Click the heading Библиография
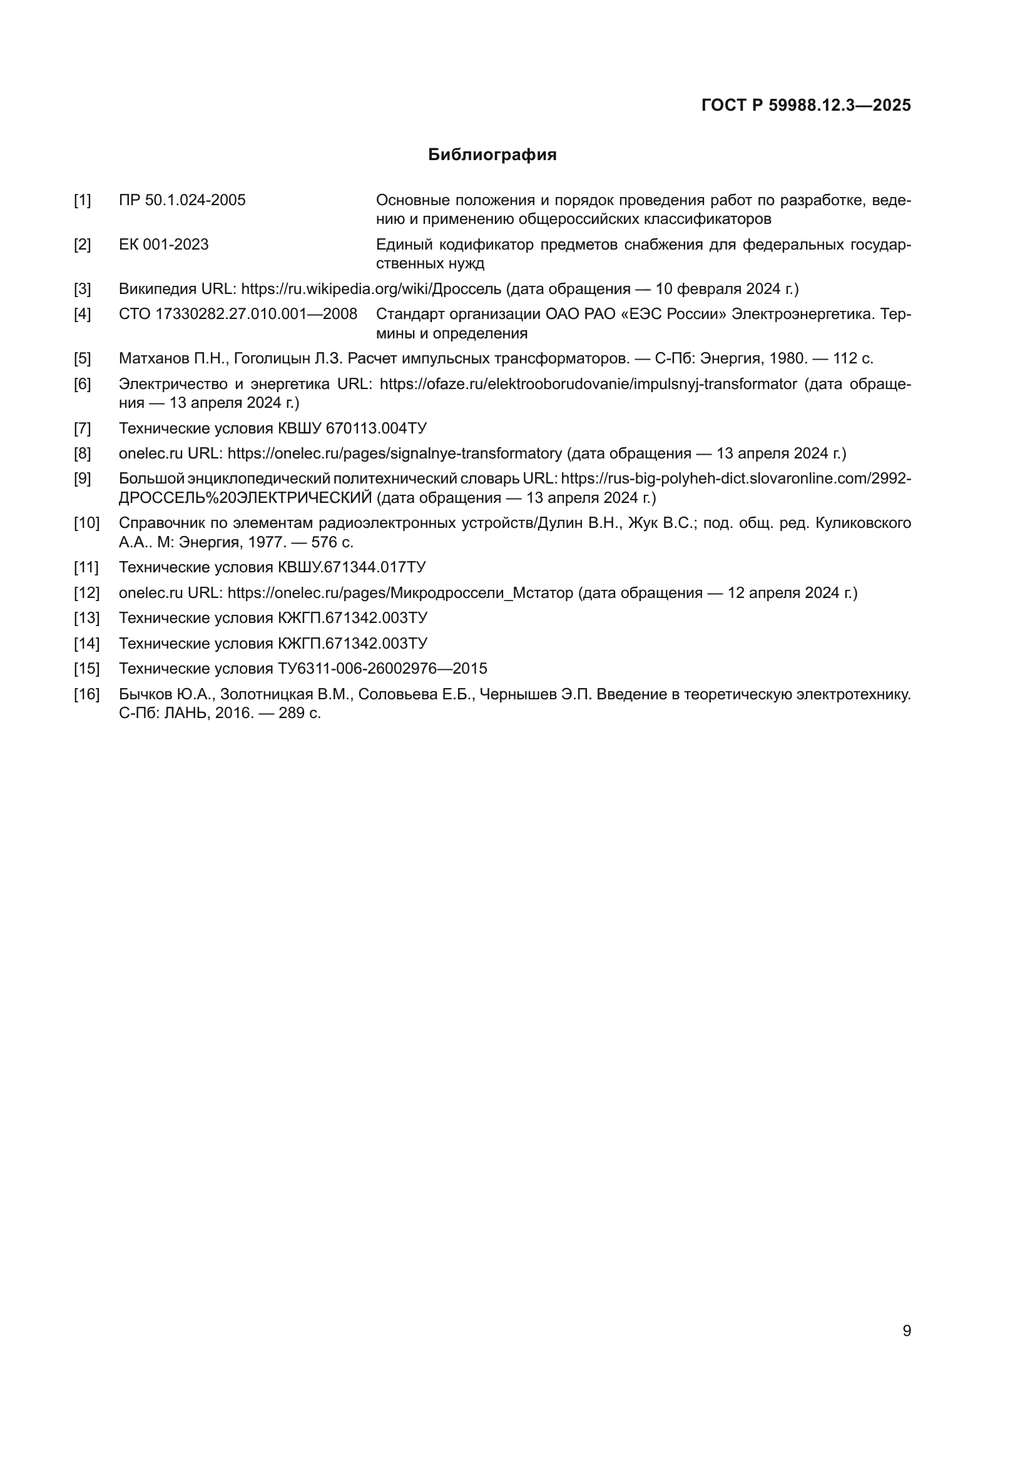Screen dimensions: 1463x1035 pos(492,155)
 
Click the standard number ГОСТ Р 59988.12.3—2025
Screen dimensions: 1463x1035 pos(805,106)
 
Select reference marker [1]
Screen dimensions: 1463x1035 pos(82,201)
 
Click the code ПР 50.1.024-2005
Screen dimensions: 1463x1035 pos(182,201)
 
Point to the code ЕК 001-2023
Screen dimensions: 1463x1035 pos(164,245)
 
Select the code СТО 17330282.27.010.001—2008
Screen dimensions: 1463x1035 pos(238,314)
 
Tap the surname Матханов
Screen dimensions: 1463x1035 pos(153,359)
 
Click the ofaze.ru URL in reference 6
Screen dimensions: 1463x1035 pos(588,384)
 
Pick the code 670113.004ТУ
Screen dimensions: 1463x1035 pos(376,428)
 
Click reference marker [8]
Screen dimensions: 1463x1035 pos(82,453)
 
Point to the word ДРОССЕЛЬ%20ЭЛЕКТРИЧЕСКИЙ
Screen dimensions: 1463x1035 pos(245,498)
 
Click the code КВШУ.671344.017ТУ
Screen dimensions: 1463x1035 pos(352,567)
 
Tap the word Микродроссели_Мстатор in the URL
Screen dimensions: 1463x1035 pos(482,592)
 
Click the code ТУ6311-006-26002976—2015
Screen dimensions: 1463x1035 pos(382,669)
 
